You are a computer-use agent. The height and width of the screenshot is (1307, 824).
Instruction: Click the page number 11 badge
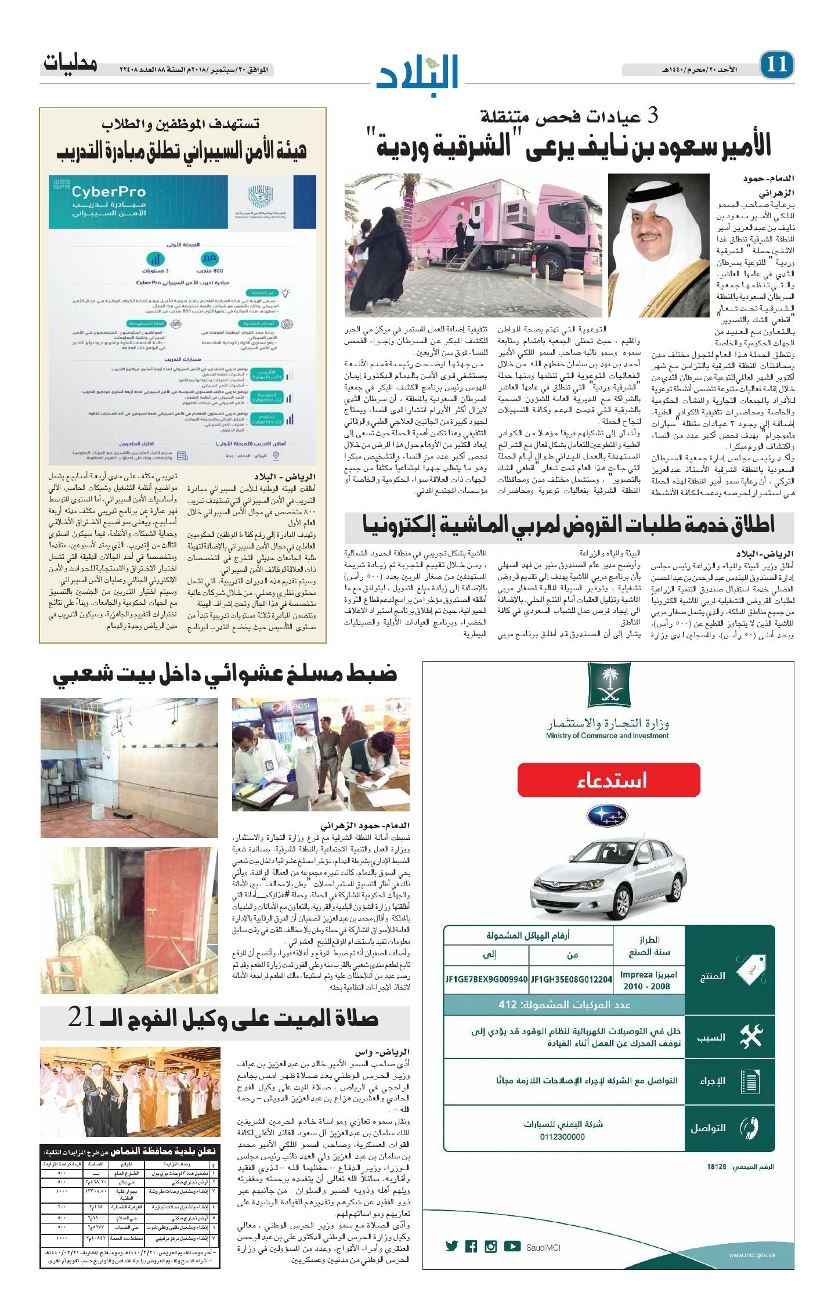point(776,64)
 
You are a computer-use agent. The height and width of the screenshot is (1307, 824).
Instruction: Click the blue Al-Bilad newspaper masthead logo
point(418,71)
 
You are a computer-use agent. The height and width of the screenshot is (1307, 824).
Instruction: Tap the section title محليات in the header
point(70,63)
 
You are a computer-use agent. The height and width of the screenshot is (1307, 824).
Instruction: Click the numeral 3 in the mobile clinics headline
point(652,116)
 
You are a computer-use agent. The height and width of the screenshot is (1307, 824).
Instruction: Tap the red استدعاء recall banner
point(608,779)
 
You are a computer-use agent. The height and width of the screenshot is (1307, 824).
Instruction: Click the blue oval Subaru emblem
point(607,815)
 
